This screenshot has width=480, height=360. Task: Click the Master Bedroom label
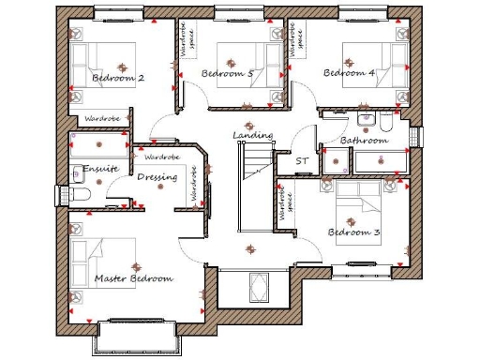pyautogui.click(x=133, y=279)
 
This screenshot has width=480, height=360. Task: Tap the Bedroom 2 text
pyautogui.click(x=118, y=78)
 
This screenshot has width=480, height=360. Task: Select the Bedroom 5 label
pyautogui.click(x=227, y=73)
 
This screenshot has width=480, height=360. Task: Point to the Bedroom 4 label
pyautogui.click(x=349, y=73)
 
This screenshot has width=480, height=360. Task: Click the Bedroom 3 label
pyautogui.click(x=353, y=232)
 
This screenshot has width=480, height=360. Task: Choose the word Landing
pyautogui.click(x=252, y=136)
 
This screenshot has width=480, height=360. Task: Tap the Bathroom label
pyautogui.click(x=363, y=141)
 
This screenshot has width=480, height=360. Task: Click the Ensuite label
pyautogui.click(x=98, y=170)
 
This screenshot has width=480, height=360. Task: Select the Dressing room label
pyautogui.click(x=156, y=176)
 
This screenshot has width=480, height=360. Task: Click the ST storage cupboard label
pyautogui.click(x=302, y=161)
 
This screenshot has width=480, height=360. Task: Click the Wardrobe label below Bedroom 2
pyautogui.click(x=100, y=120)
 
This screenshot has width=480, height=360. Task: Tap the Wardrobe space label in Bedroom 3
pyautogui.click(x=280, y=201)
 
